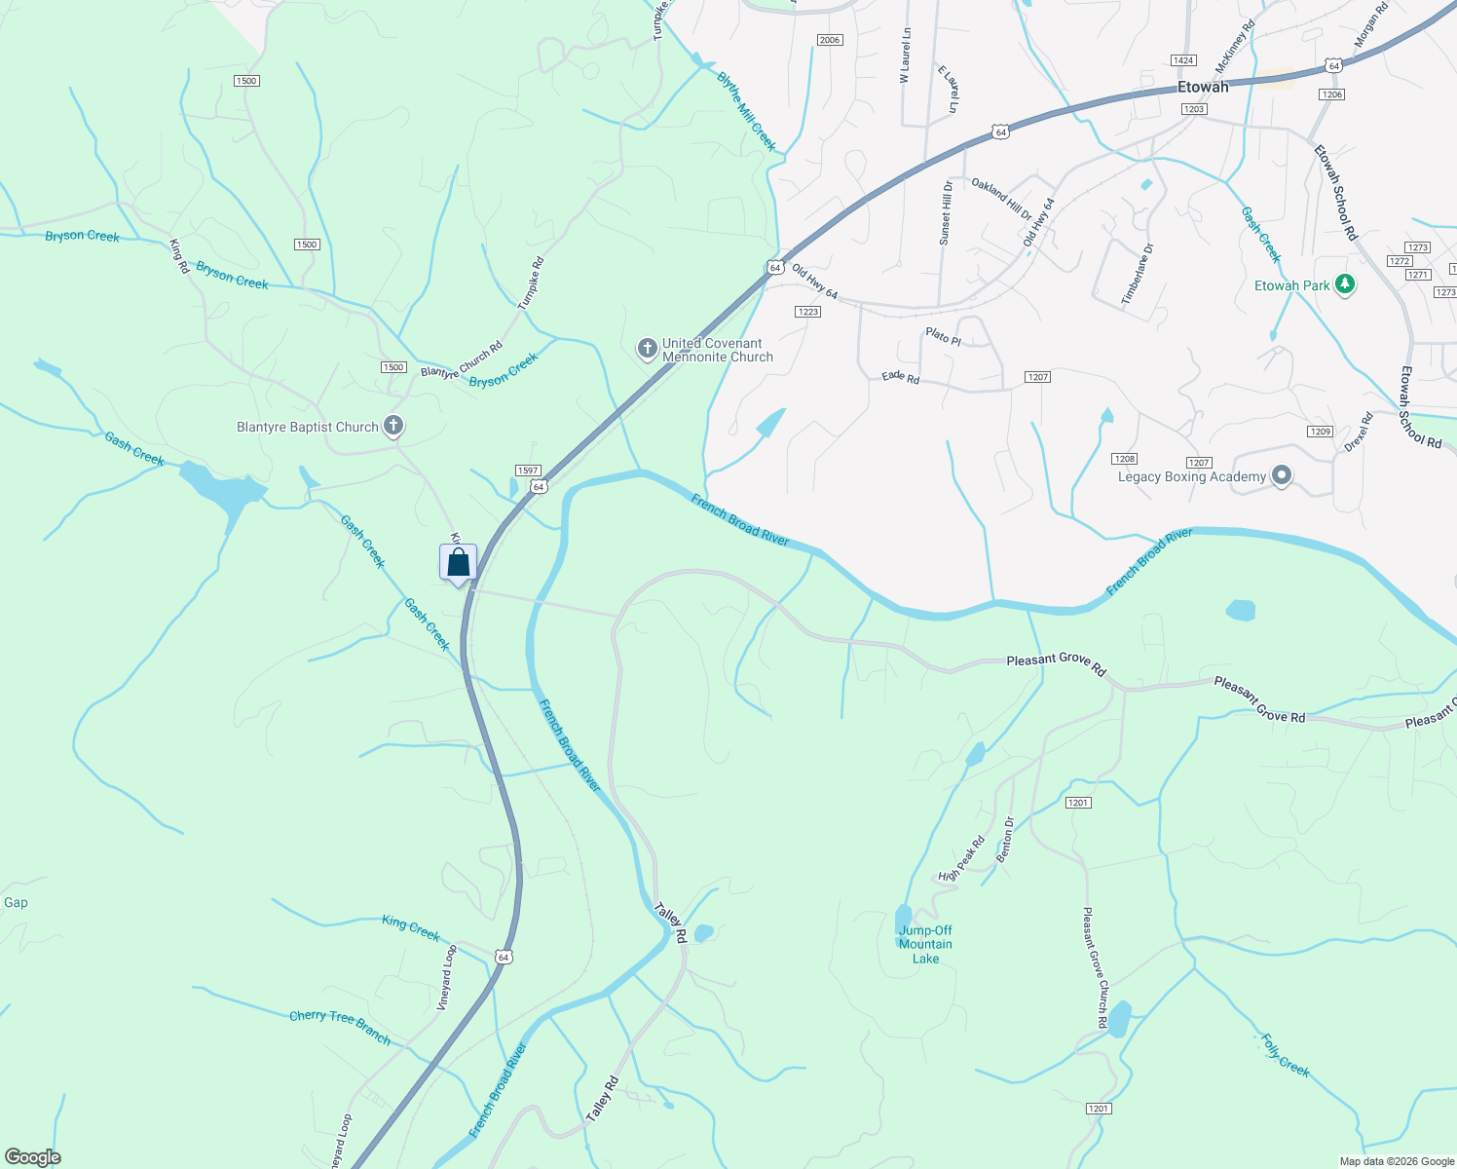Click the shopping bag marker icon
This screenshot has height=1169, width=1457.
coord(458,563)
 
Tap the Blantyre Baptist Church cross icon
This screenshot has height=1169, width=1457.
coord(393,426)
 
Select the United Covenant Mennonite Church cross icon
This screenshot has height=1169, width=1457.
coord(647,349)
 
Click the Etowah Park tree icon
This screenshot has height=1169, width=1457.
coord(1345,284)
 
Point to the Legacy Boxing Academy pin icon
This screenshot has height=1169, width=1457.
coord(1282,475)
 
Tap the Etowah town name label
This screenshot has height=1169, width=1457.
coord(1203,87)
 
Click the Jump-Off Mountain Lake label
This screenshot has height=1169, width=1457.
coord(925,944)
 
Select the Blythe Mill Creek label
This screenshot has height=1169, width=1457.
coord(746,111)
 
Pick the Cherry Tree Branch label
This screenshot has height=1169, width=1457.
coord(340,1027)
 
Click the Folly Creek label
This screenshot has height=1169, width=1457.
coord(1286,1055)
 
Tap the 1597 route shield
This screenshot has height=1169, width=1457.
coord(528,471)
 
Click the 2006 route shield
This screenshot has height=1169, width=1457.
coord(829,40)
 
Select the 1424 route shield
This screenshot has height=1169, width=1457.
coord(1183,60)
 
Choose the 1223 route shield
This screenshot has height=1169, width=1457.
coord(807,312)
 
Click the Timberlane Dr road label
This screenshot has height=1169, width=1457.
coord(1137,274)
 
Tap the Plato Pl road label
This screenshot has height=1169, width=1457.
coord(943,337)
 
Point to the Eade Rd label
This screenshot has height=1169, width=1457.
coord(900,376)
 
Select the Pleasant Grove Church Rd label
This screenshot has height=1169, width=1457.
coord(1096,967)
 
